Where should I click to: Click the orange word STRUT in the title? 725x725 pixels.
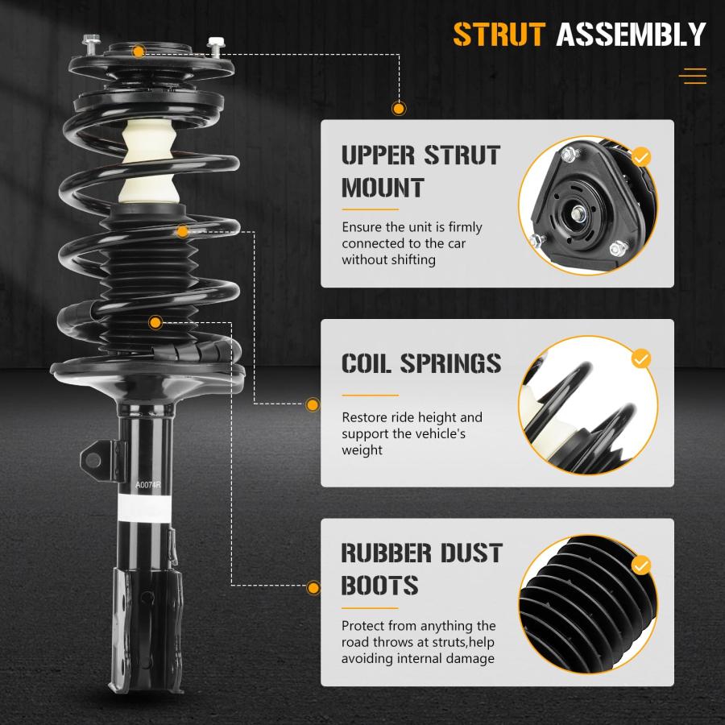coord(499,34)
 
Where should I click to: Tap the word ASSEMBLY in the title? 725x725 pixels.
coord(631,34)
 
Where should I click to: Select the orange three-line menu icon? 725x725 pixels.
coord(693,77)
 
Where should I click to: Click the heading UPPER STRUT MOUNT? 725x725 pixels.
coord(420,172)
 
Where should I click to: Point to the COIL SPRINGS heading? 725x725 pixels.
coord(421,363)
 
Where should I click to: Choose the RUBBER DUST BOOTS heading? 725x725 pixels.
coord(421,570)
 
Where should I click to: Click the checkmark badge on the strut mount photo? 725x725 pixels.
coord(641,157)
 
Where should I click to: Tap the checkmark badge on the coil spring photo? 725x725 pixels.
coord(641,358)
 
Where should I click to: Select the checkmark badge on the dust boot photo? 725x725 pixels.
coord(641,565)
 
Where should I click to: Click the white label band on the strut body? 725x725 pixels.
coord(145,507)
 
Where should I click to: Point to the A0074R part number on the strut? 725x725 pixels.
coord(147,485)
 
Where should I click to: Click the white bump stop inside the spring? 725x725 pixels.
coord(148,162)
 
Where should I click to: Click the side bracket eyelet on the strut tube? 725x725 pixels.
coord(93,460)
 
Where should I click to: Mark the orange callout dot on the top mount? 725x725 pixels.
coord(139,52)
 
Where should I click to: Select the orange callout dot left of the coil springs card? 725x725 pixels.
coord(313,405)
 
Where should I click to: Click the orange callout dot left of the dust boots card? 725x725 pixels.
coord(313,588)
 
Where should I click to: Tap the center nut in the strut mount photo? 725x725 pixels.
coord(577,213)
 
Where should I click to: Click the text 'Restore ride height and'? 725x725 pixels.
coord(412,417)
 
